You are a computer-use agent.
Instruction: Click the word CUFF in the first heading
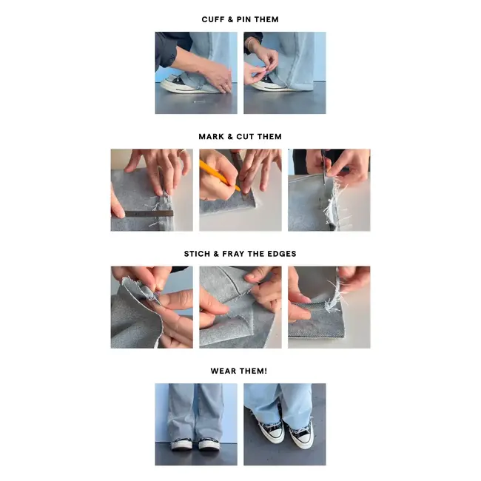(x=214, y=19)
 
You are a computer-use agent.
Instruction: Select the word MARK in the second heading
(x=212, y=137)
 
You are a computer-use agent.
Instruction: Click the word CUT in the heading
(x=246, y=137)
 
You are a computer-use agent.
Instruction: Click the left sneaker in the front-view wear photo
(x=182, y=444)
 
